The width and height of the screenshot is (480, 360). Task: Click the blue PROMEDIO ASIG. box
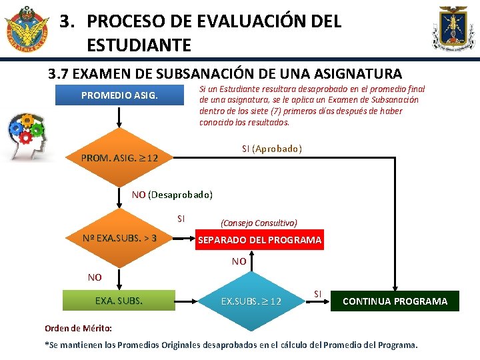point(119,95)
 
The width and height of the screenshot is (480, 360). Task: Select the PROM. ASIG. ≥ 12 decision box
point(119,159)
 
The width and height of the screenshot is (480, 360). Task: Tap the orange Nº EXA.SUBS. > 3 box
point(119,238)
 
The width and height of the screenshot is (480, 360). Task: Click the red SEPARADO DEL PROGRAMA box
point(259,240)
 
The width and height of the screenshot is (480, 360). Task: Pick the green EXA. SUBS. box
point(119,301)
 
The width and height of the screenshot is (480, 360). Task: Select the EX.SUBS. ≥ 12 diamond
point(251,301)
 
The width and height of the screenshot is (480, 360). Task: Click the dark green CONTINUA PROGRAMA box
point(395,301)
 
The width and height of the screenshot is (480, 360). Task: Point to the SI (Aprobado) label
point(271,148)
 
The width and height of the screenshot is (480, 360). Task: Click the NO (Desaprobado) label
point(172,195)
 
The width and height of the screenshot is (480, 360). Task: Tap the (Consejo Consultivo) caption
point(259,223)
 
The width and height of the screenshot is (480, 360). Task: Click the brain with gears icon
point(25,137)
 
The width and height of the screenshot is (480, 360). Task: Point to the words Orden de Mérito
point(78,329)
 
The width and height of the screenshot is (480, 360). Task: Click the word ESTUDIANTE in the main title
point(139,45)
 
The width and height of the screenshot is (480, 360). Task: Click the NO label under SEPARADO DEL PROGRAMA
point(239,262)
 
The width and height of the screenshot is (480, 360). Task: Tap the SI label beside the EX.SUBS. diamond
point(317,293)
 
